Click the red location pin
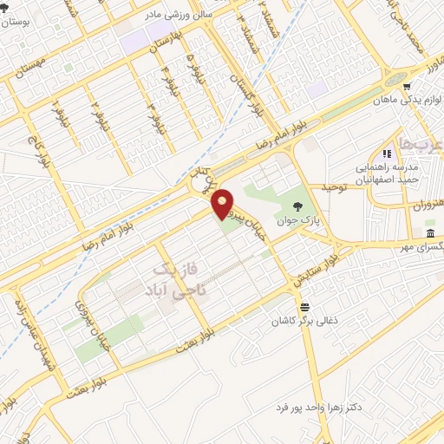pyautogui.click(x=223, y=203)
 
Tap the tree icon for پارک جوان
pyautogui.click(x=298, y=206)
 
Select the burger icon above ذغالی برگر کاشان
pyautogui.click(x=304, y=308)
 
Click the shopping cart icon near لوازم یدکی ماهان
pyautogui.click(x=406, y=87)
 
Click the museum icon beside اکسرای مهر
pyautogui.click(x=431, y=235)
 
